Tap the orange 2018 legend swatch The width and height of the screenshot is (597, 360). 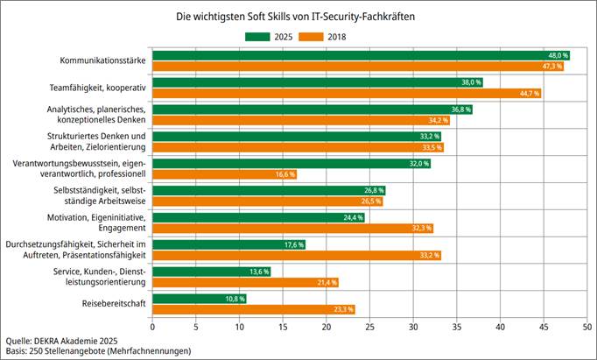(x=311, y=37)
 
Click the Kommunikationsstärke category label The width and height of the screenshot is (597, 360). (x=102, y=60)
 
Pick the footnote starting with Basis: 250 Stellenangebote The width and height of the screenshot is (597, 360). (x=97, y=351)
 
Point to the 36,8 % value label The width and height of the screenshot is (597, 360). (x=461, y=109)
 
